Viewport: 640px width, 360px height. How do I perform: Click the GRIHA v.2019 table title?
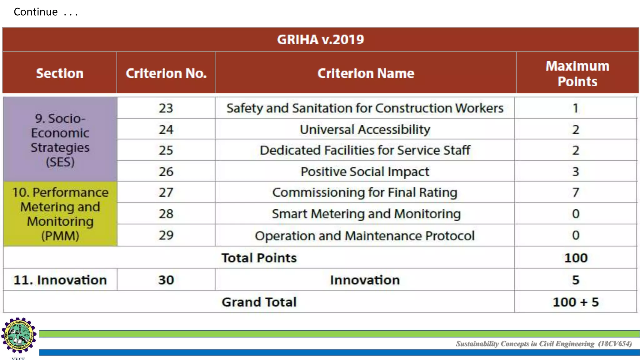[x=320, y=40]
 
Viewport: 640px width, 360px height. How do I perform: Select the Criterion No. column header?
[x=166, y=73]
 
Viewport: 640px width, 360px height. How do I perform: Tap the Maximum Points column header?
[x=577, y=73]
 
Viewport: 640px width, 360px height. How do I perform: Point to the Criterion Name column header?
[x=365, y=73]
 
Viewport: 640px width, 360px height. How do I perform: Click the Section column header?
[x=60, y=73]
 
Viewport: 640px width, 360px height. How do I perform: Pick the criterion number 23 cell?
[x=166, y=108]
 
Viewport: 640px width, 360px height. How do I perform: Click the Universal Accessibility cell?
[x=365, y=129]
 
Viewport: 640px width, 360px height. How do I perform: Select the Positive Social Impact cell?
[x=365, y=172]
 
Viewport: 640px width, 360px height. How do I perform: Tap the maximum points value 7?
[x=576, y=192]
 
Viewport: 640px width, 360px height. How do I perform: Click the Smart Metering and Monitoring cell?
[x=366, y=214]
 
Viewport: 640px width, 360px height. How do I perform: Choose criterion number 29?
[x=166, y=235]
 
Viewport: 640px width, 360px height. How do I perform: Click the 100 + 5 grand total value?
[x=576, y=302]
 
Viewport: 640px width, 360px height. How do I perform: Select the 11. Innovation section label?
[x=60, y=280]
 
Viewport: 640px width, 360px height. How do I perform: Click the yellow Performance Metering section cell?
[x=60, y=214]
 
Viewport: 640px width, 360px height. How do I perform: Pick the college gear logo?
[x=19, y=335]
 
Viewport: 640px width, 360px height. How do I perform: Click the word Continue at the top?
[x=36, y=12]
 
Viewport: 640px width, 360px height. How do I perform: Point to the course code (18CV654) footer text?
[x=615, y=344]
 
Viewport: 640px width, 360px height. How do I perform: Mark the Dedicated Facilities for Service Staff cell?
[x=365, y=150]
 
